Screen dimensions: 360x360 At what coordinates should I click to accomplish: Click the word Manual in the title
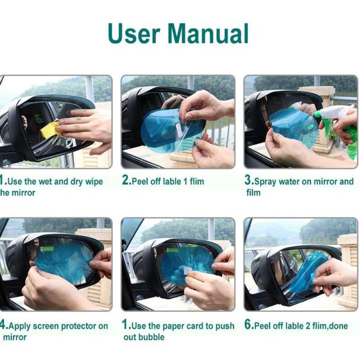click(210, 33)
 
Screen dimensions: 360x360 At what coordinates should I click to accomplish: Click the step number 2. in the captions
click(126, 181)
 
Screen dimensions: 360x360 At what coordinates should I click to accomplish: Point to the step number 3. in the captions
click(248, 181)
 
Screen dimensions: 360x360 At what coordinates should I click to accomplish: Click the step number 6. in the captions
click(248, 325)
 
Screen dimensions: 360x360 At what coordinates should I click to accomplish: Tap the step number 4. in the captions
click(3, 325)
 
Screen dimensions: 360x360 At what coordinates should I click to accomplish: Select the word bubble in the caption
click(151, 337)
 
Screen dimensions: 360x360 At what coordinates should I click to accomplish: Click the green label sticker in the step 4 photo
click(47, 248)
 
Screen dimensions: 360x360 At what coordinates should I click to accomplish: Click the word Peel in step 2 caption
click(140, 181)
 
